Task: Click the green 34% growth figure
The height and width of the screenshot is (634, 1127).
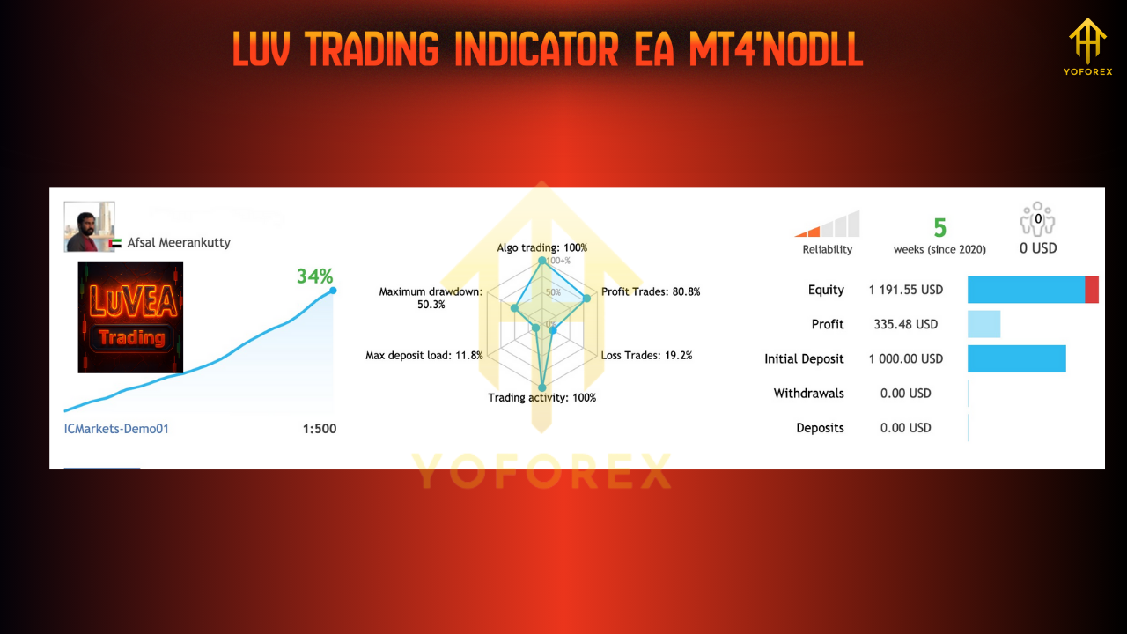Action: [314, 276]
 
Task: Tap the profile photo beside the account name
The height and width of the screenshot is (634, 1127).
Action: [89, 226]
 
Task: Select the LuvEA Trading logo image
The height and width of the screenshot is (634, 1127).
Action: [130, 317]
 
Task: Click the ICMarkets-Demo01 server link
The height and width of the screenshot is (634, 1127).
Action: [116, 429]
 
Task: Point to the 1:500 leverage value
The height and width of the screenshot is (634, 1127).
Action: [319, 429]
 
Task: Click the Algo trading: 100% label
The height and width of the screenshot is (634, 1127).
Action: [541, 247]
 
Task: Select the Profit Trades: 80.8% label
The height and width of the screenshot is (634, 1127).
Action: [650, 291]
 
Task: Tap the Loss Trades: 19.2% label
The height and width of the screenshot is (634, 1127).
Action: [646, 356]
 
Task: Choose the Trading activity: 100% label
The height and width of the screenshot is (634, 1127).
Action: [541, 398]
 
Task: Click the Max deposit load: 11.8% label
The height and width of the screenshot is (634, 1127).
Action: [424, 356]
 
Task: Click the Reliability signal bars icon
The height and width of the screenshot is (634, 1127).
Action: [828, 225]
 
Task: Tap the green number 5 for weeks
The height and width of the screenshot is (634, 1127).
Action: [939, 228]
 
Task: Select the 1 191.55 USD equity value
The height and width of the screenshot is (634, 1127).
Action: [905, 290]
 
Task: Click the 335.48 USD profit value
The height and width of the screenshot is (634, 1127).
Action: [905, 324]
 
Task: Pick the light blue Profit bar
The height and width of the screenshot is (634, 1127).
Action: [983, 324]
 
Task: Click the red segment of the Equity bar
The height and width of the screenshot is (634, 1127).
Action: [1092, 290]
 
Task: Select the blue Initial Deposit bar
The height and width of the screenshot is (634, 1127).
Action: [1016, 358]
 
